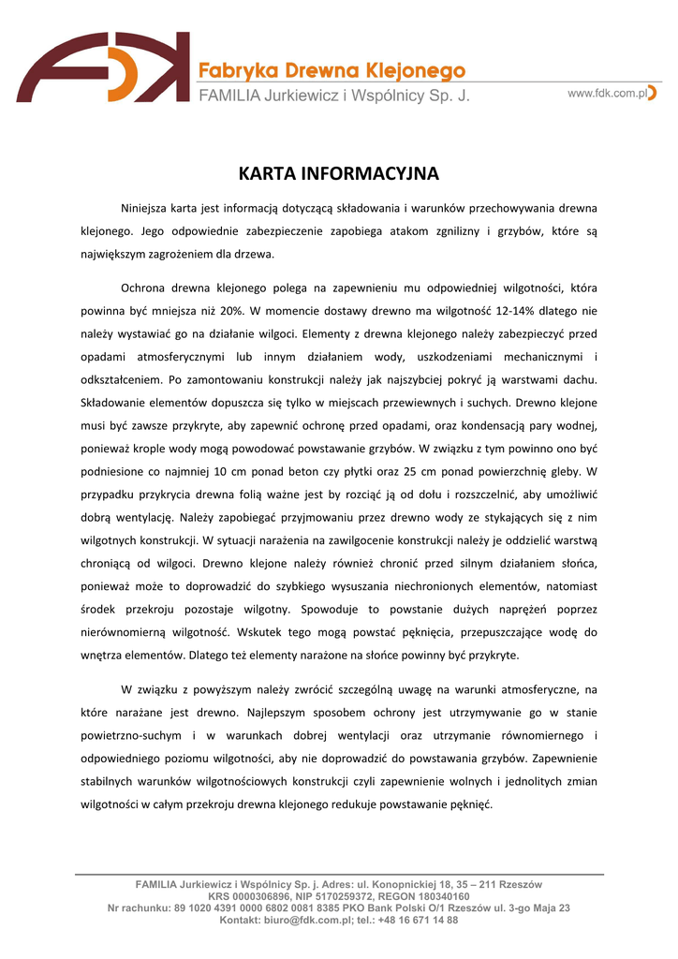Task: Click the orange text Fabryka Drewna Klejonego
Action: click(x=332, y=71)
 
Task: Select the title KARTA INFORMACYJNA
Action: click(x=338, y=174)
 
